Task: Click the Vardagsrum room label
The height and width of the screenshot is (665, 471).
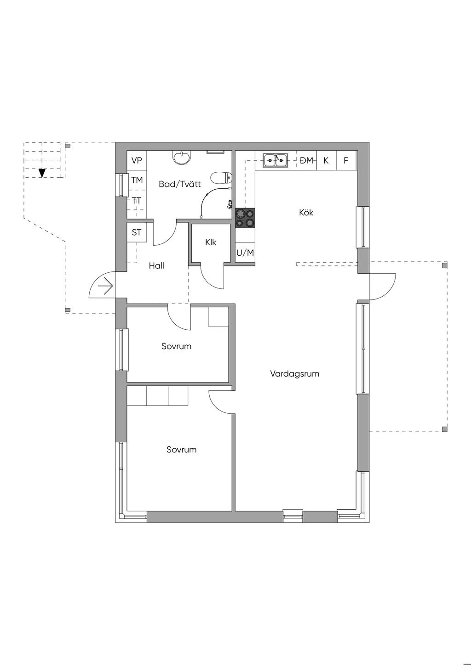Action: tap(294, 373)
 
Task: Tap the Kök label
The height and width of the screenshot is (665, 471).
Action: tap(306, 212)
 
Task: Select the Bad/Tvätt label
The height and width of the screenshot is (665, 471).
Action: tap(179, 184)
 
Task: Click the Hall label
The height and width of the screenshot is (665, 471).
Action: tap(156, 265)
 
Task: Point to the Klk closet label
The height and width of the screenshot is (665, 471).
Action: tap(211, 242)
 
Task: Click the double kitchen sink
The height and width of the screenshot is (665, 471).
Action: tap(275, 160)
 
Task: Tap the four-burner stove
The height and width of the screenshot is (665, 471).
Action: tap(245, 218)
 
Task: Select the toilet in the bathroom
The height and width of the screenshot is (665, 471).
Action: tap(221, 178)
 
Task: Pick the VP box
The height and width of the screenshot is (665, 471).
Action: tap(137, 161)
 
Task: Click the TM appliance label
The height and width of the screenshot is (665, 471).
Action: tap(137, 180)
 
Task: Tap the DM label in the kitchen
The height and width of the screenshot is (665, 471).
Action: tap(307, 160)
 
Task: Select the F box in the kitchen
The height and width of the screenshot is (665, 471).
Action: tap(346, 160)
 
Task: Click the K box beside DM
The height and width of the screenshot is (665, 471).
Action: tap(326, 160)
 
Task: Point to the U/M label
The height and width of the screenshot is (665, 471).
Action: tap(245, 253)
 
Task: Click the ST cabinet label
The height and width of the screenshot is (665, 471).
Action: tap(137, 232)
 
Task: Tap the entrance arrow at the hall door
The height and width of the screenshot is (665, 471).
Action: tap(105, 287)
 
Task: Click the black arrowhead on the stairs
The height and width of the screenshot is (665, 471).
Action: tap(42, 173)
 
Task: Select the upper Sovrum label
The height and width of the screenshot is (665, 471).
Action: tap(176, 346)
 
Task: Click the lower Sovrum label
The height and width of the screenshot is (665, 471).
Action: tap(181, 450)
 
